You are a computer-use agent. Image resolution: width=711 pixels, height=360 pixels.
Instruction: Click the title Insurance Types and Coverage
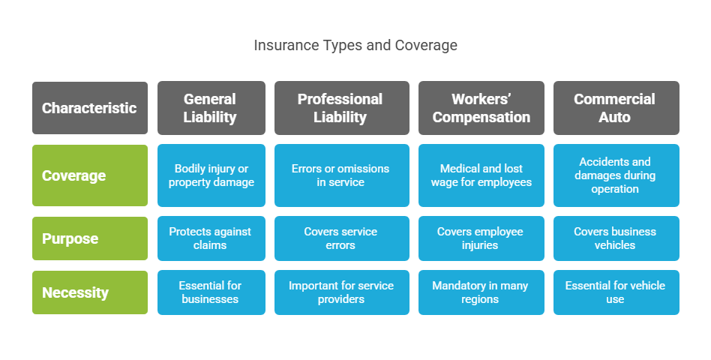[x=355, y=45]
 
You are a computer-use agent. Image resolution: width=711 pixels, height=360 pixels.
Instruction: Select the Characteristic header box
[x=90, y=108]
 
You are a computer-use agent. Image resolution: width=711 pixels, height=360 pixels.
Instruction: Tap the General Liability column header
[x=211, y=108]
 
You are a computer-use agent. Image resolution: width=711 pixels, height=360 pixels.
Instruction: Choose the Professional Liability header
[x=342, y=108]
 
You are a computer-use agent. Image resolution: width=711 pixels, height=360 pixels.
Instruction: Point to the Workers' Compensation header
[x=481, y=108]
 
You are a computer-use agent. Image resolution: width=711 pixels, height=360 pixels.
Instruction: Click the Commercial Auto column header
[x=616, y=108]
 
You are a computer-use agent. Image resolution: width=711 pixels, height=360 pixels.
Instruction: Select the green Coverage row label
[x=90, y=175]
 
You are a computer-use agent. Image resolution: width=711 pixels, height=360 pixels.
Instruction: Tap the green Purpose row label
[x=90, y=238]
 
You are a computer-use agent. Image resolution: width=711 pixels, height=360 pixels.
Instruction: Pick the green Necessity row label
[x=90, y=292]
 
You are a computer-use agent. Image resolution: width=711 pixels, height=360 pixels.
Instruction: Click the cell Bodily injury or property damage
[x=211, y=175]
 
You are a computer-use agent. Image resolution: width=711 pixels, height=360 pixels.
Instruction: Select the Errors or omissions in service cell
[x=342, y=175]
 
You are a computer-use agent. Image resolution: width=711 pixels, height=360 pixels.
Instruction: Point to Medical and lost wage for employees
[x=481, y=175]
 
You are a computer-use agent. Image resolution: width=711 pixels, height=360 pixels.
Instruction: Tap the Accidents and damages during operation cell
[x=616, y=175]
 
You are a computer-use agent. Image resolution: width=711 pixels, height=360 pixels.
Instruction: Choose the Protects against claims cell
[x=211, y=238]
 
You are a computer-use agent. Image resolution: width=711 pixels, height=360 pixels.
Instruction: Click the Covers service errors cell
[x=342, y=238]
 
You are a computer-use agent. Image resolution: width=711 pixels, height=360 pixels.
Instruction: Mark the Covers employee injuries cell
[x=481, y=238]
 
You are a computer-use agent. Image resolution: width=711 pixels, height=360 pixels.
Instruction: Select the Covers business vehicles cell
[x=616, y=238]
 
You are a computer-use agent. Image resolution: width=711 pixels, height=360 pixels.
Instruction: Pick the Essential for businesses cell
[x=211, y=292]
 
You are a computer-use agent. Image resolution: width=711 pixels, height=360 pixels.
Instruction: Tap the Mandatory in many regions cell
[x=481, y=292]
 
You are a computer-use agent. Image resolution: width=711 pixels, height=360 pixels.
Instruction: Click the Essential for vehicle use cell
[x=616, y=292]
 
